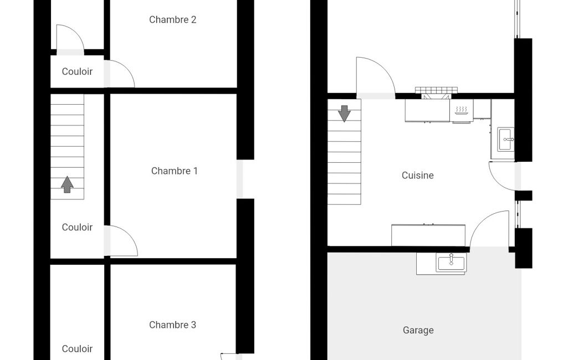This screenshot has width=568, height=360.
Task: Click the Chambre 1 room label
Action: pyautogui.click(x=174, y=171)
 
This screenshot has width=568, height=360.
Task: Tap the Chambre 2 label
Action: pyautogui.click(x=173, y=19)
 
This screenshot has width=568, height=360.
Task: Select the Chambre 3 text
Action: pyautogui.click(x=173, y=325)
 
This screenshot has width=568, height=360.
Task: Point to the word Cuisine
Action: pyautogui.click(x=418, y=175)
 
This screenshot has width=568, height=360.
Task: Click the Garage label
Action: pyautogui.click(x=418, y=330)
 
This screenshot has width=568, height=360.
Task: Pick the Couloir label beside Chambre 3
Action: pyautogui.click(x=77, y=349)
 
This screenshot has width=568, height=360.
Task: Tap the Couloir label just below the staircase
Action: pyautogui.click(x=77, y=227)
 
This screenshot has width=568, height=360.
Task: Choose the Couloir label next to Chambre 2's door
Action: pyautogui.click(x=77, y=71)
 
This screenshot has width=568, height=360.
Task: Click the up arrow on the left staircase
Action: pyautogui.click(x=67, y=184)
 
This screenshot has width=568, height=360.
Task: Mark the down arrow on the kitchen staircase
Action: pyautogui.click(x=344, y=114)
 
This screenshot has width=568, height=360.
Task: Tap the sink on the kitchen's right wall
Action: pyautogui.click(x=505, y=139)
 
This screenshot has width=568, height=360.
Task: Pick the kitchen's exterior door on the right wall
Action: pyautogui.click(x=502, y=176)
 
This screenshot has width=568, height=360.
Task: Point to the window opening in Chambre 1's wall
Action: pyautogui.click(x=240, y=179)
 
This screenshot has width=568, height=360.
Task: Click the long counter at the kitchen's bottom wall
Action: pyautogui.click(x=428, y=235)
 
